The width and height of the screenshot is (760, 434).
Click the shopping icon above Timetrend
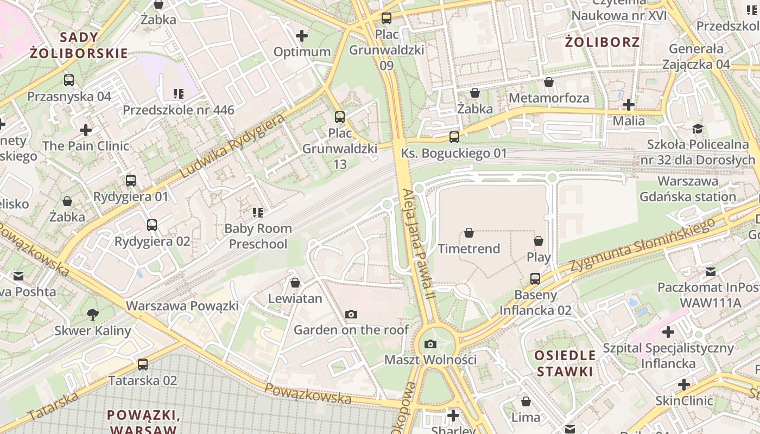coord(469,233)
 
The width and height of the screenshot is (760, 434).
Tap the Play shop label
coord(539,257)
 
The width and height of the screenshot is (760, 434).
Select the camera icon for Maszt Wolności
coord(430,344)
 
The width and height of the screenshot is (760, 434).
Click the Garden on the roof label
coord(351,329)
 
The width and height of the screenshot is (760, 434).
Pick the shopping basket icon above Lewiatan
coord(295,283)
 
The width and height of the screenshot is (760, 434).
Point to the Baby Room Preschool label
coord(258,236)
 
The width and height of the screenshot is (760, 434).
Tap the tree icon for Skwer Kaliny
coord(93,314)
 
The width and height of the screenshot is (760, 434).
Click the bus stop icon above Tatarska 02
coord(143,365)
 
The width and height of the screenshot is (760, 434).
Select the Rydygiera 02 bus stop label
coord(152,241)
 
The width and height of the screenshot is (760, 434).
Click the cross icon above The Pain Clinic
coord(86,130)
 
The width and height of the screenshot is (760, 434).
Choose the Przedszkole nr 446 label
coord(178,110)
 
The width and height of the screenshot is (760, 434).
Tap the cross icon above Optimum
coord(302,36)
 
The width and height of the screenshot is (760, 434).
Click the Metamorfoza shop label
coord(548,98)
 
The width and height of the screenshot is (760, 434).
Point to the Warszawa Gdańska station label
coord(688,189)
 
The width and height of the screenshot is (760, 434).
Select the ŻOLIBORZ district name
coord(602,42)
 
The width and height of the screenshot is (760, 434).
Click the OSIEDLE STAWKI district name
coord(565,363)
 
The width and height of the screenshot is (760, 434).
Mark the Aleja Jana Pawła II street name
coord(419,244)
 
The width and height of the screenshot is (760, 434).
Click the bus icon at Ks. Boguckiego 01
coord(454,137)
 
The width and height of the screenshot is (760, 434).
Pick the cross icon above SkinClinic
coord(684,385)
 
